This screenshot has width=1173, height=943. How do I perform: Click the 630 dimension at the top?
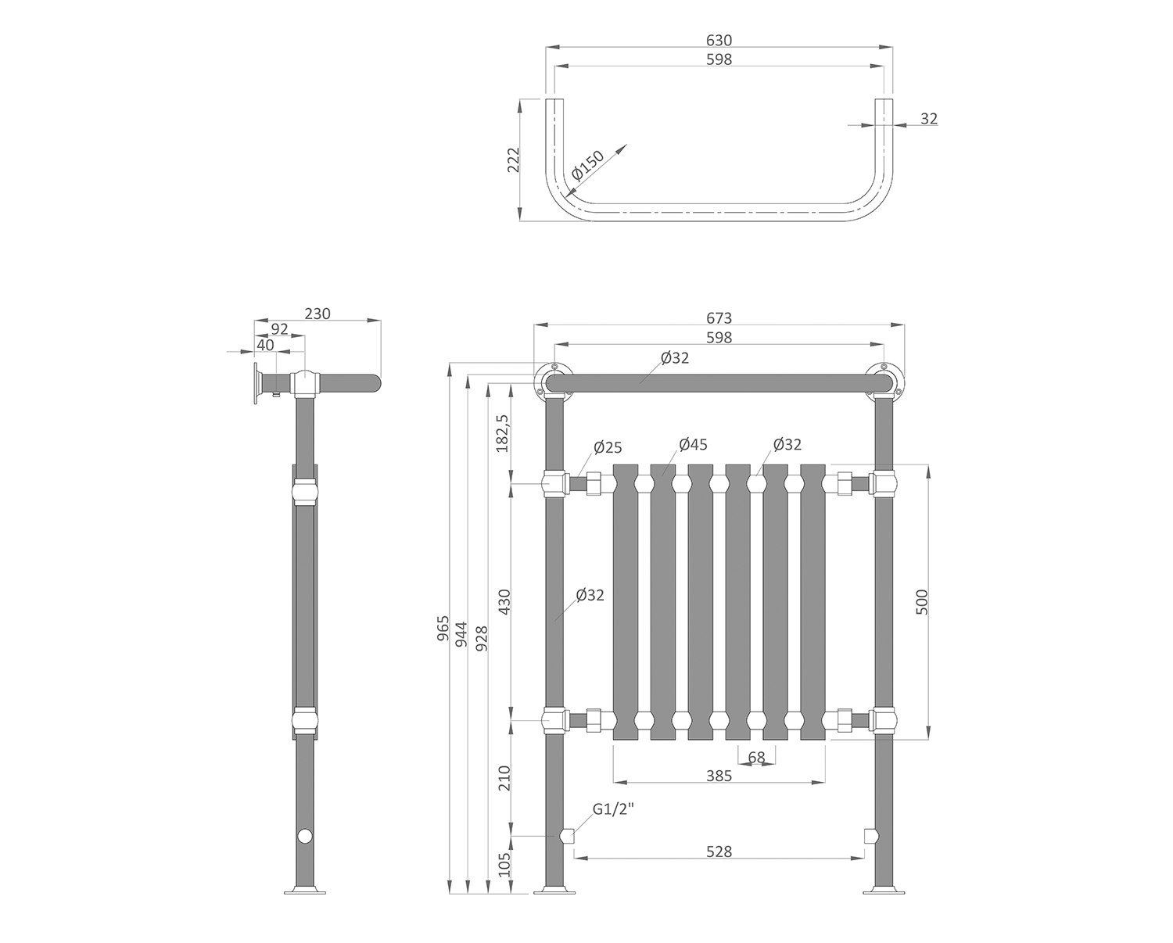(x=719, y=40)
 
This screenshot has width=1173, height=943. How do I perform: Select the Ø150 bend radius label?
(x=588, y=166)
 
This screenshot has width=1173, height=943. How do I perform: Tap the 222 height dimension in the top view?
(x=513, y=160)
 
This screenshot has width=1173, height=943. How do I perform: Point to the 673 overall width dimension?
(x=719, y=317)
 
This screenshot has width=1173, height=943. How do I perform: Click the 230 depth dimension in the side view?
(x=317, y=313)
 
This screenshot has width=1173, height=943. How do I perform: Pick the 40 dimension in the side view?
(x=265, y=344)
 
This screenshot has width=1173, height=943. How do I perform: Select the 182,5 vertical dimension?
(x=503, y=432)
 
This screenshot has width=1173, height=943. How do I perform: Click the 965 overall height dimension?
(x=443, y=629)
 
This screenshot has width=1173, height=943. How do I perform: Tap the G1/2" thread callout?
(x=612, y=810)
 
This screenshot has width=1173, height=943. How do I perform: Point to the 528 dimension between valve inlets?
(x=719, y=851)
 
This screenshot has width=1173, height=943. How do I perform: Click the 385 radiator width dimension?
(x=719, y=776)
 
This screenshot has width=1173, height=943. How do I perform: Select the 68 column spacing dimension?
(x=756, y=757)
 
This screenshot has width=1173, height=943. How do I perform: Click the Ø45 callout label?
(x=693, y=444)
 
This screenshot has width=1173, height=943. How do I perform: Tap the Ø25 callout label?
(x=608, y=447)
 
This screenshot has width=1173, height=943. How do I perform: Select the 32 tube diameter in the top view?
(x=929, y=119)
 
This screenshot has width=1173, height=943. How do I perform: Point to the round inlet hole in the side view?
(x=304, y=837)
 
